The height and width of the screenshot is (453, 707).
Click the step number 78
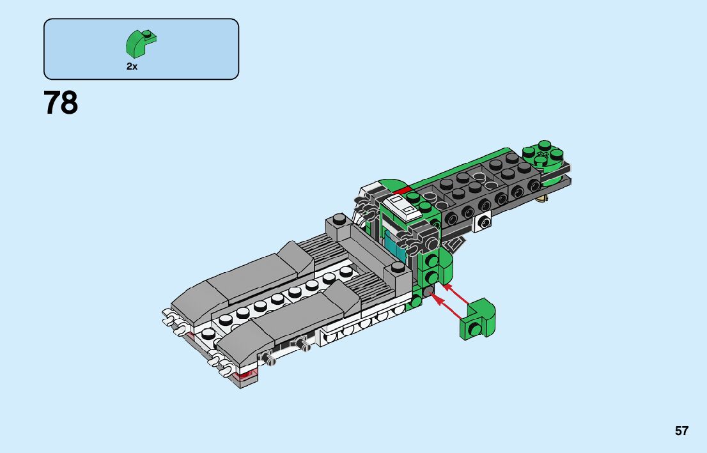pos(61,103)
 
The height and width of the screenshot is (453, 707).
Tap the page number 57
pos(681,431)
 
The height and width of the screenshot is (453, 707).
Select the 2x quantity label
pos(132,66)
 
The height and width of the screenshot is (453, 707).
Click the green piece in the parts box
pos(141,43)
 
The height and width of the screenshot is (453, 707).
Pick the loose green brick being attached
pos(478,319)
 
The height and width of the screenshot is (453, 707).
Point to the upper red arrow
pos(456,293)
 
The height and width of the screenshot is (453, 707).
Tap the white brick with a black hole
pos(483,223)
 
